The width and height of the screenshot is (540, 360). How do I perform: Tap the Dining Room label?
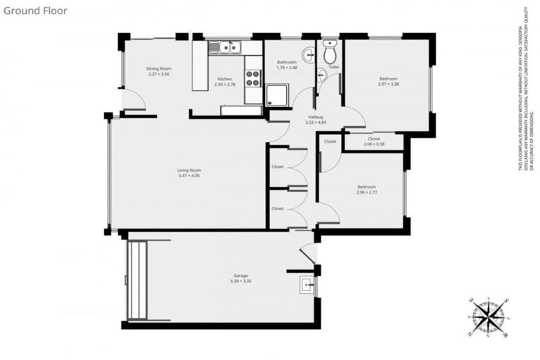point(159,68)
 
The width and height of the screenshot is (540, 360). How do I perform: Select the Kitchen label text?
point(224,79)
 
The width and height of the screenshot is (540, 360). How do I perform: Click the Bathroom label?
point(286,63)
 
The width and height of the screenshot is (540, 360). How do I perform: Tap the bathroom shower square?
point(276,94)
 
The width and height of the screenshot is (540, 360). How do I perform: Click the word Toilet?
point(333,67)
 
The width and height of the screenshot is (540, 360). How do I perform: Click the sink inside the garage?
point(307,284)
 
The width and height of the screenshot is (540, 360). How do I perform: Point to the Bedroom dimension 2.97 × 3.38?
point(388,84)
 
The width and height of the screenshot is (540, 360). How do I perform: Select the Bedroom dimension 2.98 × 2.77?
point(366,192)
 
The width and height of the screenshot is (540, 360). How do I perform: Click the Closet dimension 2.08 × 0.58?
point(374,144)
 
